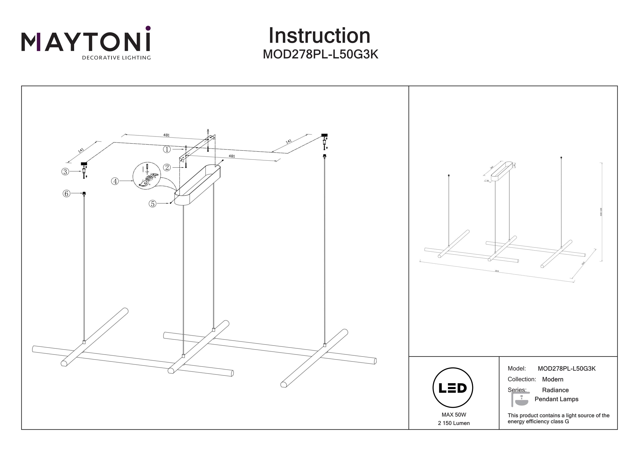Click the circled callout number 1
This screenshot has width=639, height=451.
167,149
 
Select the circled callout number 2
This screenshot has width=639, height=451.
167,168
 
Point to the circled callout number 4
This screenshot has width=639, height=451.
115,181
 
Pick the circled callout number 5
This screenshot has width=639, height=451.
152,204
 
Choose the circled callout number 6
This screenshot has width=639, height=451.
66,194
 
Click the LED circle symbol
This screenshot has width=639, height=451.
453,388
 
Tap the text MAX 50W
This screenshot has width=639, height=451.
454,415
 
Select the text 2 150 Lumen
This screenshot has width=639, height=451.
454,423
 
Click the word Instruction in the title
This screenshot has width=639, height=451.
319,36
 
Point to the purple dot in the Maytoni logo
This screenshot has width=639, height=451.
148,28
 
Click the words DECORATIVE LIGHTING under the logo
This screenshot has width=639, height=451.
116,58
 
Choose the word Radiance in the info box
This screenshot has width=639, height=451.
555,390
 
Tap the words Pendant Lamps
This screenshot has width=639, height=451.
556,399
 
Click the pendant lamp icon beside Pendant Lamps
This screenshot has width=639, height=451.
520,400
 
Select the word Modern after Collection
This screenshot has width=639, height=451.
553,379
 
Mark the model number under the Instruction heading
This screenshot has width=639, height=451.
320,54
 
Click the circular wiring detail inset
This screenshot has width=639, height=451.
147,176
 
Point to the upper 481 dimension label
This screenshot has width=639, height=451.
166,135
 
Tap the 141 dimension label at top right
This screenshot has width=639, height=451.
289,141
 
